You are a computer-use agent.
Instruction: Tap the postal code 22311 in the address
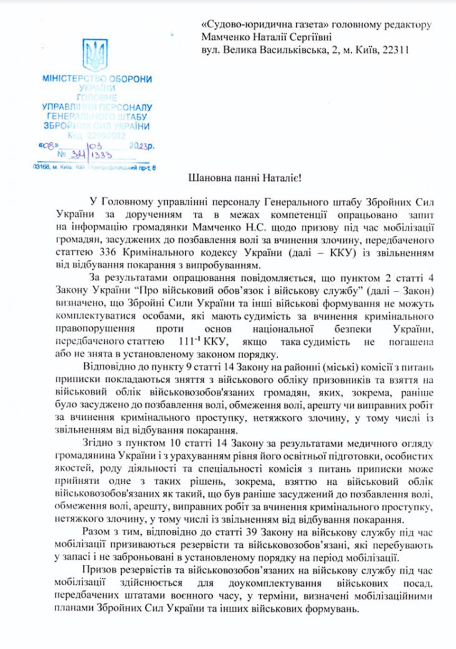[395, 50]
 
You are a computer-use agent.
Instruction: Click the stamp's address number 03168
[42, 167]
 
